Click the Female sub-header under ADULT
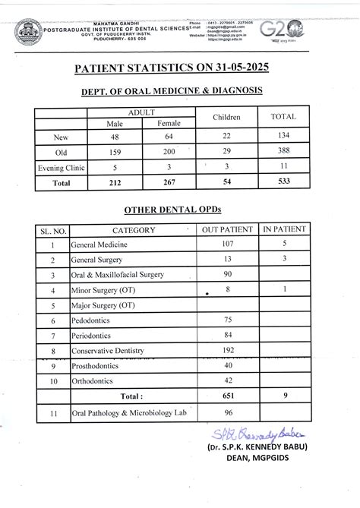(169, 124)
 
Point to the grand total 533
(283, 182)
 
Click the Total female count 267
(169, 182)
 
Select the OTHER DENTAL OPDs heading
(172, 209)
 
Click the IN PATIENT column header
(283, 230)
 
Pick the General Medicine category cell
(99, 245)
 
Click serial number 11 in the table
(52, 415)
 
